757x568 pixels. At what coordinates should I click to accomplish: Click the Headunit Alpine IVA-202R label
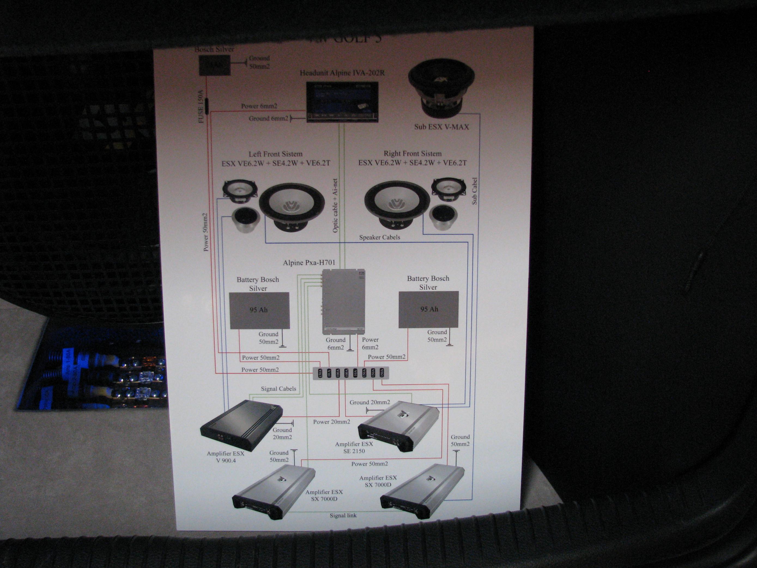coord(342,73)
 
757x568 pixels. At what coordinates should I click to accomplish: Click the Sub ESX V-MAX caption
coord(441,127)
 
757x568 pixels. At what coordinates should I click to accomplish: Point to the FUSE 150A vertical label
coord(201,106)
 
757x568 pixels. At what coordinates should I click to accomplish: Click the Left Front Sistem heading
coord(275,154)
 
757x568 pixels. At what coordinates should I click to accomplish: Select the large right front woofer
coord(397,204)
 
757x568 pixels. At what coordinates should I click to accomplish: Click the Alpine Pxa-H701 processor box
coord(344,302)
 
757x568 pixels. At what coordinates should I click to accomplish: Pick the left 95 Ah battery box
coord(259,310)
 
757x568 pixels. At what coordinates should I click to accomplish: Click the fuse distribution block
coord(351,373)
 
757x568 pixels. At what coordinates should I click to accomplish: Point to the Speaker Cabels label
coord(380,237)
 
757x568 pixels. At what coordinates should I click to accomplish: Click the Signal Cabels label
coord(278,389)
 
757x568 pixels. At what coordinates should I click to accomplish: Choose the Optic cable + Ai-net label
coord(335,205)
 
